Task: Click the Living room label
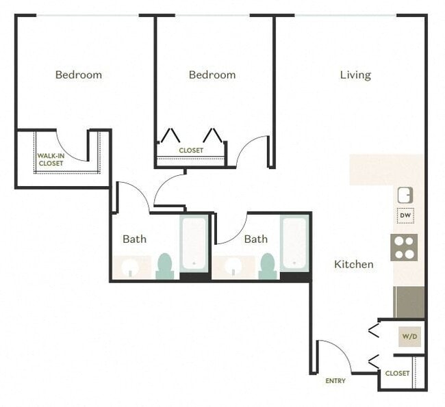pos(355,75)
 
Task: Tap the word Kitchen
pos(353,264)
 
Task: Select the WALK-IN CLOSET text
pos(51,159)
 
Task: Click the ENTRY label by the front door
pos(335,381)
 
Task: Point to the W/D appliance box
pos(410,336)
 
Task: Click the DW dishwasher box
pos(405,217)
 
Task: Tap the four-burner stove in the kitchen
pos(404,247)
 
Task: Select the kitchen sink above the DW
pos(405,195)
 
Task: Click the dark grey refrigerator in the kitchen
pos(409,302)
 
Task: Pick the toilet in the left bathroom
pos(164,266)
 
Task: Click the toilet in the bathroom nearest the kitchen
pos(267,266)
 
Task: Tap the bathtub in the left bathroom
pos(194,244)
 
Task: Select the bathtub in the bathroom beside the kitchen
pos(294,244)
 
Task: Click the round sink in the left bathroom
pos(132,267)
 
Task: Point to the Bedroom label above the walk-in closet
pos(79,75)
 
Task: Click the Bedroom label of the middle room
pos(212,75)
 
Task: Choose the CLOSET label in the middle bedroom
pos(191,150)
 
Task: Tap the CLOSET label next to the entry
pos(397,373)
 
